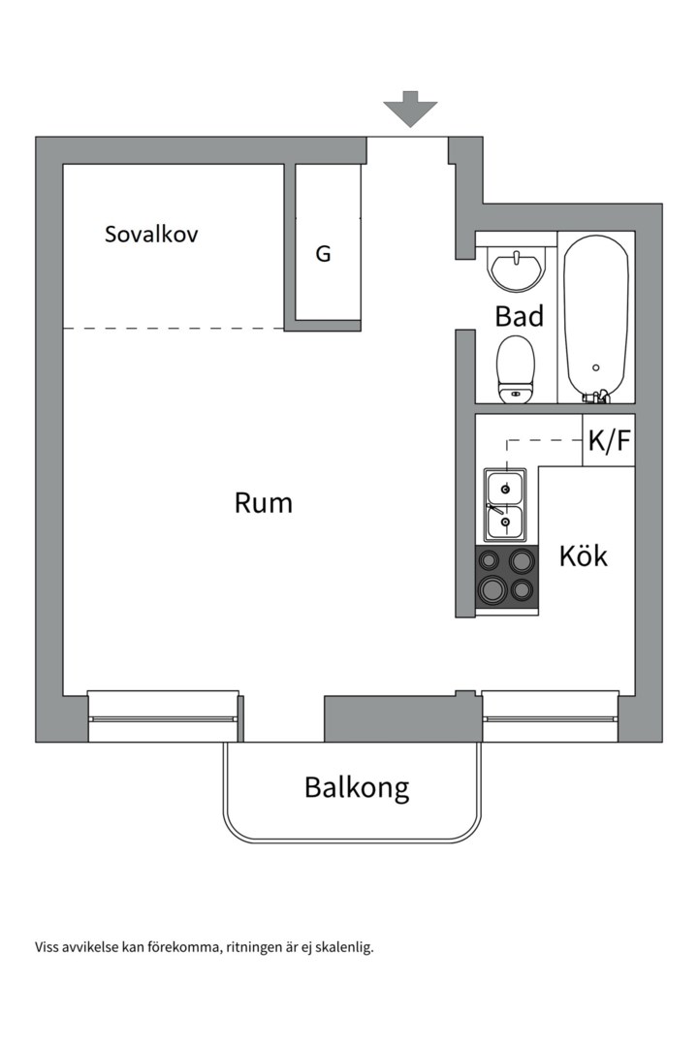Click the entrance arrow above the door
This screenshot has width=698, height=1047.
[x=410, y=109]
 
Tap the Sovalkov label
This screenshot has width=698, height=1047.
[x=151, y=234]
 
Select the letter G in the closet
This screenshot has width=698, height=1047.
[x=323, y=254]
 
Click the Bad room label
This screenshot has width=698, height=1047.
[x=519, y=316]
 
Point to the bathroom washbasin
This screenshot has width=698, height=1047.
[x=516, y=268]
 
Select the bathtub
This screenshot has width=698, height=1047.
[x=596, y=315]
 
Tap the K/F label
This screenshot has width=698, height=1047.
[x=609, y=442]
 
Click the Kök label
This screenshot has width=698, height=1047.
[x=584, y=556]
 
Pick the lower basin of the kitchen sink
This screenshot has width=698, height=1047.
[x=505, y=523]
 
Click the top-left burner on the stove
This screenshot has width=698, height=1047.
[x=491, y=559]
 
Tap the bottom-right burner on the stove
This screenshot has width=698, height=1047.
[x=523, y=588]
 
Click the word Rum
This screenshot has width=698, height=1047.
[x=263, y=503]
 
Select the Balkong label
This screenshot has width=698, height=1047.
[x=356, y=787]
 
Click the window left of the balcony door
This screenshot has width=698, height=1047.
[x=163, y=718]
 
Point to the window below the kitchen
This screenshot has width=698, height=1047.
[x=550, y=718]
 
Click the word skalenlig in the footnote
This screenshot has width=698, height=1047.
[x=340, y=947]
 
